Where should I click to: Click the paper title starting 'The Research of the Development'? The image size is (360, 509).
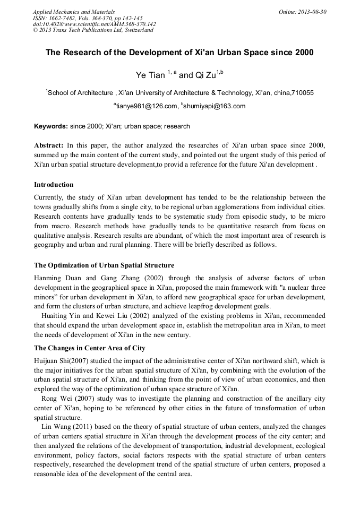(x=179, y=53)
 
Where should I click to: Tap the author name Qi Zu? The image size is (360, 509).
(x=205, y=75)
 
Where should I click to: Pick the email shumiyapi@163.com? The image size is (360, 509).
(x=215, y=106)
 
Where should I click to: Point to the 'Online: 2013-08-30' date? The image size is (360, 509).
(x=302, y=12)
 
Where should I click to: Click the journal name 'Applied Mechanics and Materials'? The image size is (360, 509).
(x=74, y=12)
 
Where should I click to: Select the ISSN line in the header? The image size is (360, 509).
(x=87, y=18)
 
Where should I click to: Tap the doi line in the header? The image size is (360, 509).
(x=94, y=24)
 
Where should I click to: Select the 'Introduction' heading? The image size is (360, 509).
(x=54, y=185)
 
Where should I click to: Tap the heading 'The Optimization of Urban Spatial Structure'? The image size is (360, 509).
(x=104, y=265)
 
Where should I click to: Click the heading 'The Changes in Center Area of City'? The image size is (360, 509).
(x=89, y=348)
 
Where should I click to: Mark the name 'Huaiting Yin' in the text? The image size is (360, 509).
(x=62, y=316)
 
